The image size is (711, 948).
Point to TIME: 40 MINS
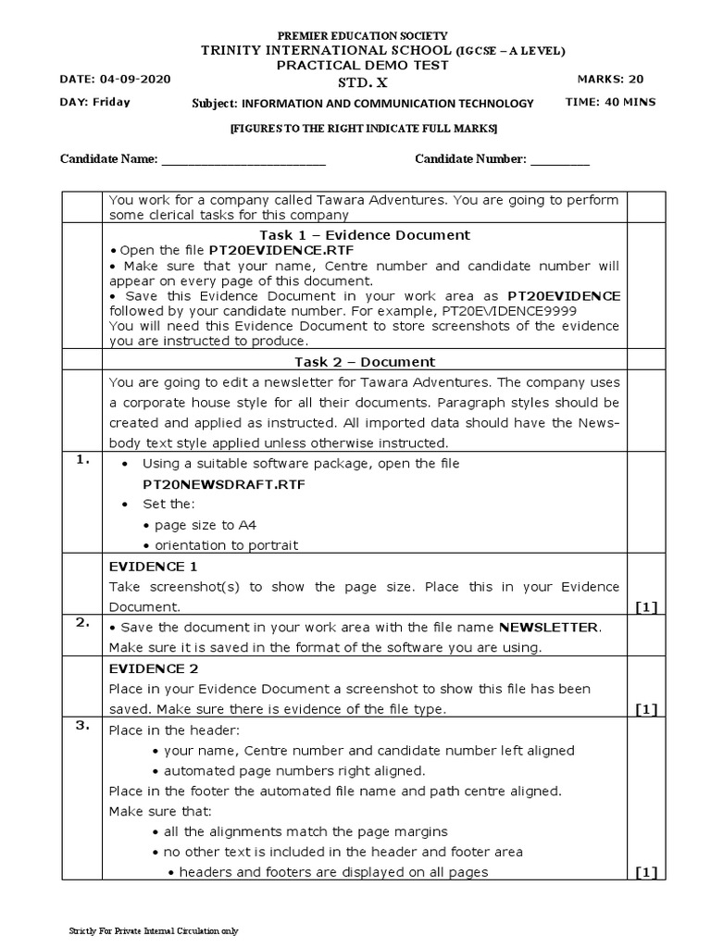pyautogui.click(x=610, y=103)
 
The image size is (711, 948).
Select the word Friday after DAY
pyautogui.click(x=111, y=103)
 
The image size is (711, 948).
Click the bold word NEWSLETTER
pyautogui.click(x=548, y=628)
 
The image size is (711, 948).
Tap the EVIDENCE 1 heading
pyautogui.click(x=153, y=567)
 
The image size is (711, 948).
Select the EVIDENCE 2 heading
pyautogui.click(x=153, y=668)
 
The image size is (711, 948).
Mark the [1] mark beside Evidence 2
pyautogui.click(x=645, y=709)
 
